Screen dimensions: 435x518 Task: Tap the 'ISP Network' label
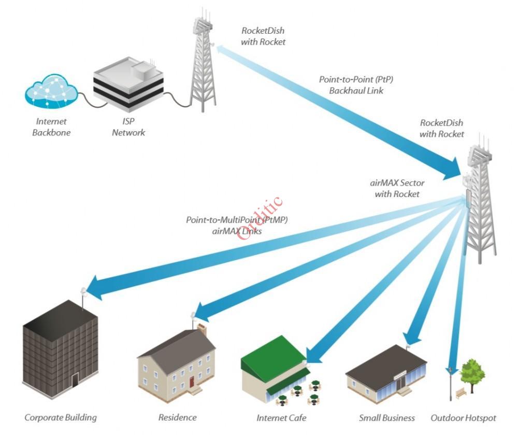tap(128, 127)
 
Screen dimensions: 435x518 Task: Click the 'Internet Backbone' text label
tap(51, 127)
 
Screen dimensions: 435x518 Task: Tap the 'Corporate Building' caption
tap(61, 417)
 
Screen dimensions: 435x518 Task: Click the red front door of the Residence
tap(192, 382)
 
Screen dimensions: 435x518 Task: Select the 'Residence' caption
tap(178, 417)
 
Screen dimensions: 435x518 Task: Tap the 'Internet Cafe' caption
tap(281, 418)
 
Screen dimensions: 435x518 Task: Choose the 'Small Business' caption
tap(386, 418)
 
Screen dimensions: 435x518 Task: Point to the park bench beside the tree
tap(461, 395)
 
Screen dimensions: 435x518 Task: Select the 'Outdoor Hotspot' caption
tap(463, 418)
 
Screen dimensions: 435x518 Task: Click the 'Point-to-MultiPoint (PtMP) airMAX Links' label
tap(237, 226)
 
